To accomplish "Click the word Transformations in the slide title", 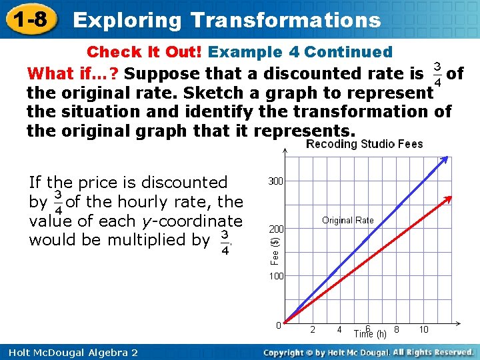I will (285, 20).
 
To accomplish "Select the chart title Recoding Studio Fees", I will (364, 144).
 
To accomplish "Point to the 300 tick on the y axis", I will (275, 181).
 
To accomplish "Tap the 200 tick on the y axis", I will (275, 229).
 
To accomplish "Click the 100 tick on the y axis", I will (275, 276).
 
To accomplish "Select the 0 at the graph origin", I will (279, 325).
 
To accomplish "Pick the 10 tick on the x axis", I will (423, 329).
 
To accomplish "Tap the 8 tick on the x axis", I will (397, 329).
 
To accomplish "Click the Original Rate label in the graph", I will (347, 220).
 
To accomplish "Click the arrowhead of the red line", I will (451, 198).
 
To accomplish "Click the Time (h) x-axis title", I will (369, 333).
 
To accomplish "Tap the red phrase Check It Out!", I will (146, 52).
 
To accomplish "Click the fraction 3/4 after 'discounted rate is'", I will (437, 74).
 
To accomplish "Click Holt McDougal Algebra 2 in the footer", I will (69, 351).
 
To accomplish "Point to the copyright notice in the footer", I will (368, 351).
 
